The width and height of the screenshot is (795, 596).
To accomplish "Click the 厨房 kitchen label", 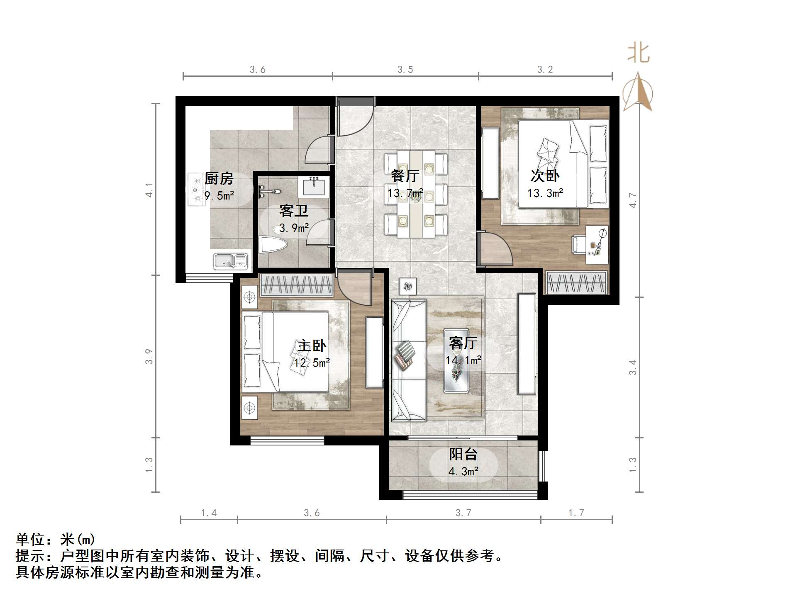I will click(219, 179).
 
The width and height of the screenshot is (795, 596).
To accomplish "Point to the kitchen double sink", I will click(231, 261).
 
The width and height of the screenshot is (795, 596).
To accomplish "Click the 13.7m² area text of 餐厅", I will click(405, 193).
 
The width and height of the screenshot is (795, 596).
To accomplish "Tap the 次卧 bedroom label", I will click(545, 176).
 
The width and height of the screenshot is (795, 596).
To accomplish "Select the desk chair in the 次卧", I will click(578, 244).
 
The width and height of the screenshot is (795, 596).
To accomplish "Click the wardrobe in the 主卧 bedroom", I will click(296, 285).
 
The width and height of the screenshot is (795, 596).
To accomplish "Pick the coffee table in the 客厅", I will click(456, 361).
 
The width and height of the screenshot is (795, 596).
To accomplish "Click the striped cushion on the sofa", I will click(405, 355).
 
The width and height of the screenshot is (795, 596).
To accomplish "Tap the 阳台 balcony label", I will click(463, 454).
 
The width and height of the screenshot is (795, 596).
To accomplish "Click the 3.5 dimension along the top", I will click(405, 70).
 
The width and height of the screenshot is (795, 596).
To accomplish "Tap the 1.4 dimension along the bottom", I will click(209, 513).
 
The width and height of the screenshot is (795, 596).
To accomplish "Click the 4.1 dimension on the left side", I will click(149, 190).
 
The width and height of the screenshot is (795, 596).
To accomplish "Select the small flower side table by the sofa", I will click(408, 286).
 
